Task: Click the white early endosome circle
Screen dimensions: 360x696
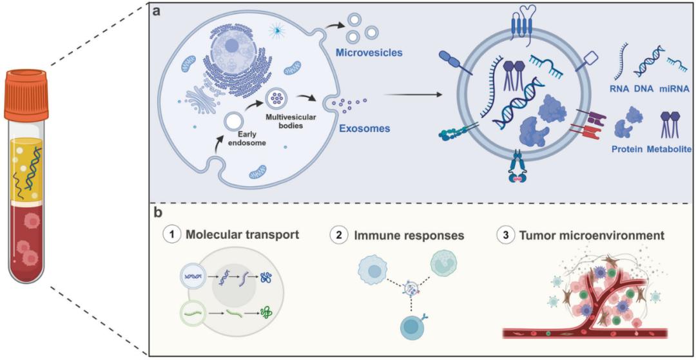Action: [234, 122]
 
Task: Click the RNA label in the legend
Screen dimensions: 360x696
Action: [619, 88]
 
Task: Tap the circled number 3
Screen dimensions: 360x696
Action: [505, 235]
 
